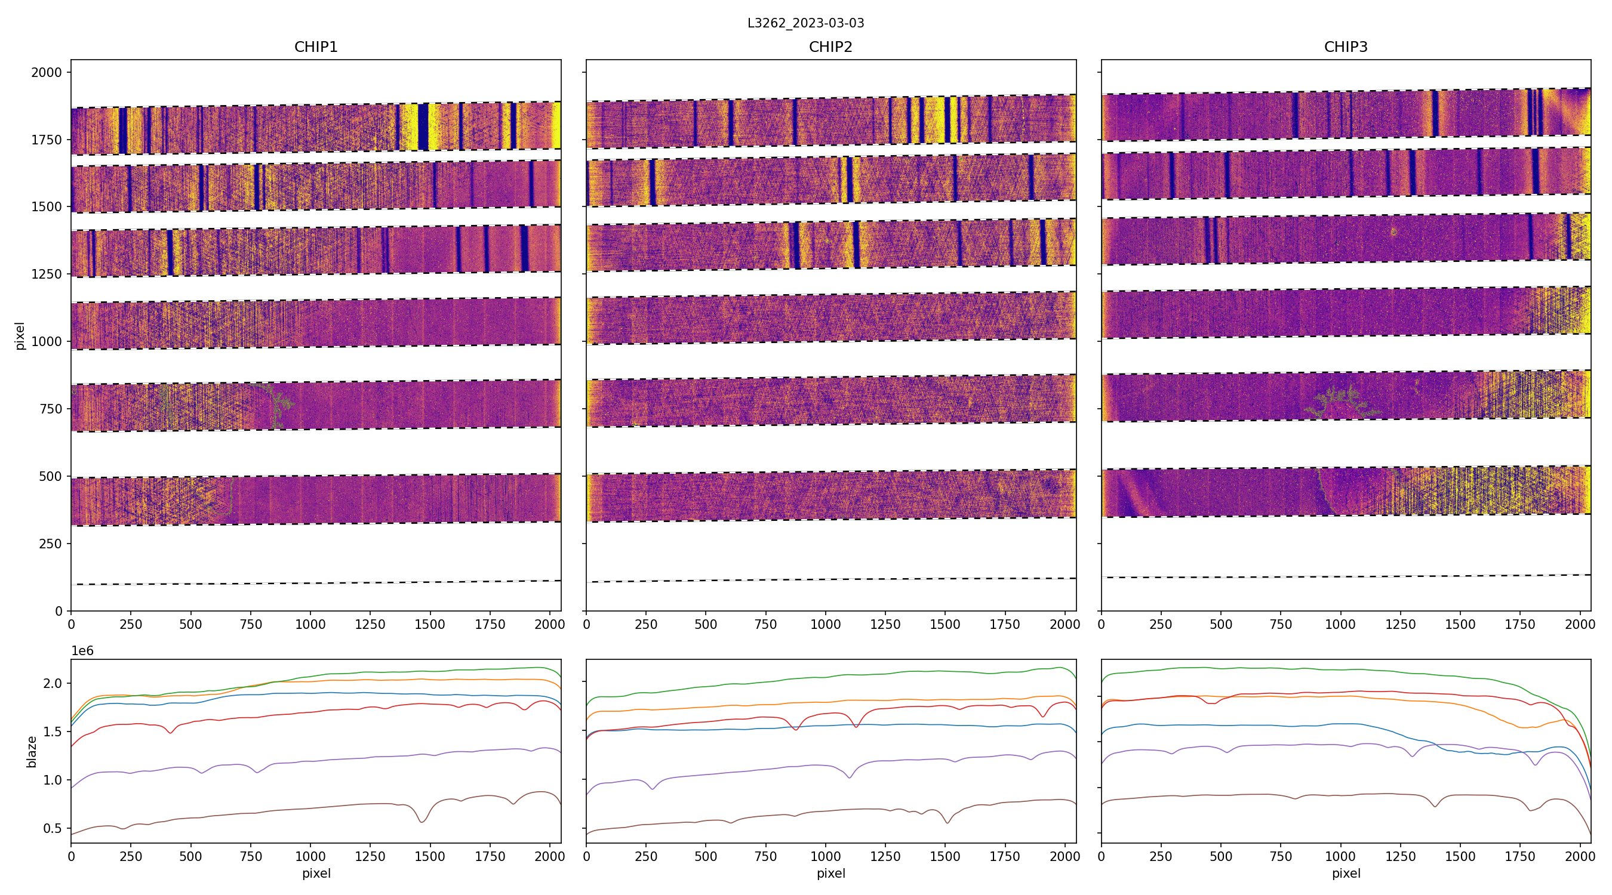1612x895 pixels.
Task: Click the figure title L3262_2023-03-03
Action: tap(805, 23)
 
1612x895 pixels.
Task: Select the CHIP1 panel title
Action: tap(316, 47)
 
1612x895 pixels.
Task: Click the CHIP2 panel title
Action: tap(830, 47)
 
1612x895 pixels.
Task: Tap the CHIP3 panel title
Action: tap(1345, 47)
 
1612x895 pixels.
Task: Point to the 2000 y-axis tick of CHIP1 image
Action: tap(47, 73)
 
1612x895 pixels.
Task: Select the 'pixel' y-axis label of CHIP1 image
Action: tap(20, 336)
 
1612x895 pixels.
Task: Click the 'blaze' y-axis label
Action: tap(31, 752)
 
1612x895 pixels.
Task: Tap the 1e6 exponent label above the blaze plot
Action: tap(82, 651)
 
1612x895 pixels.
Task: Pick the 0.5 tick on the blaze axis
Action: tap(53, 829)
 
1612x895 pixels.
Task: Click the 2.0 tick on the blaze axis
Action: tap(53, 684)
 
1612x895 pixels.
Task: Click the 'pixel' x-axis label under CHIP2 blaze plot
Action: tap(830, 873)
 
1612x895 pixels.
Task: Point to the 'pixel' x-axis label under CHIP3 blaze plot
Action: tap(1345, 873)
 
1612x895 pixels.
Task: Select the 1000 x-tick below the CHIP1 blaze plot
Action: tap(310, 856)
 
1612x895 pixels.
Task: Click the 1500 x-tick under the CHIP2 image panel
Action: tap(945, 624)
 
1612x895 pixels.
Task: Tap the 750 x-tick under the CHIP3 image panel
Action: tap(1280, 624)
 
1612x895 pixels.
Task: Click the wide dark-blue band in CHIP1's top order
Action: tap(423, 127)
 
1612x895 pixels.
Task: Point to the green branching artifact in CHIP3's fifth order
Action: tap(1339, 403)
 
